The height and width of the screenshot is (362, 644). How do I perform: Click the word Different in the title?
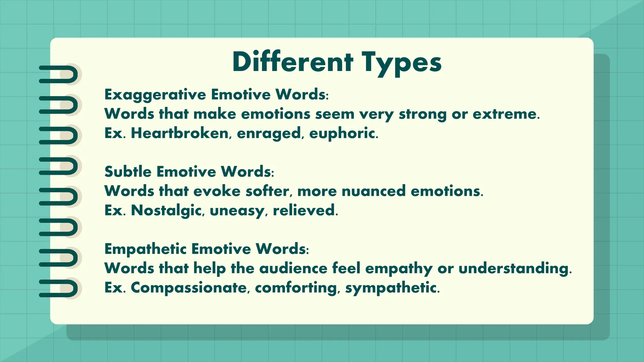click(292, 62)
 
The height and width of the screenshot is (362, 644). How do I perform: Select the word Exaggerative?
click(155, 95)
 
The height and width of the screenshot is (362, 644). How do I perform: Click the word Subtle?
click(129, 172)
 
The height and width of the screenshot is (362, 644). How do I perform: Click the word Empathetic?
click(146, 249)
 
